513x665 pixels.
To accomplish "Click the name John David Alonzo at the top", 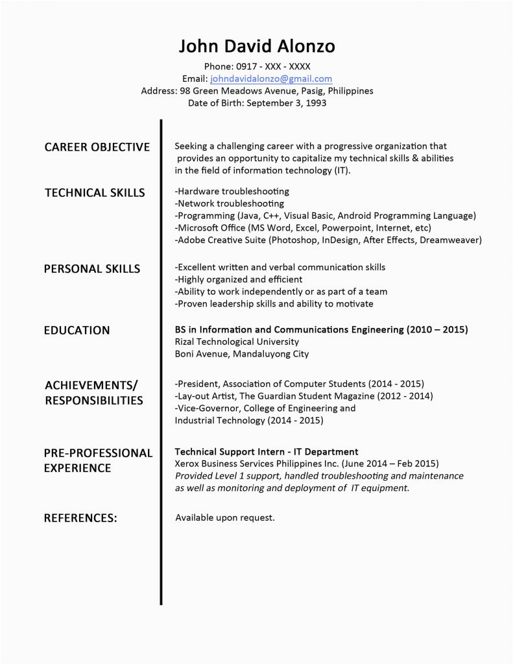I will (257, 46).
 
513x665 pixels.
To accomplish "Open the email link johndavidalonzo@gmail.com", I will (271, 79).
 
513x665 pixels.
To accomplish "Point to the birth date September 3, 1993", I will (286, 103).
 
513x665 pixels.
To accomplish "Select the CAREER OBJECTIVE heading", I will (97, 147).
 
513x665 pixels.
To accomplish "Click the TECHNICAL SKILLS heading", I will (95, 193).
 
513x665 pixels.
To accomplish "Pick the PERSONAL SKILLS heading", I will (91, 269).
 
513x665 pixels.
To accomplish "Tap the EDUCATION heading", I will (77, 331).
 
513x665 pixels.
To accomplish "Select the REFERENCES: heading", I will (80, 518).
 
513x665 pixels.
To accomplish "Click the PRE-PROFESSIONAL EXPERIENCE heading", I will (97, 460).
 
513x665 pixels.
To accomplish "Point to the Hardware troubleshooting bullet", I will (232, 192).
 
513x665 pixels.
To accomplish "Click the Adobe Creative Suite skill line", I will (328, 240).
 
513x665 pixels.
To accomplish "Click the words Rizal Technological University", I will (237, 342).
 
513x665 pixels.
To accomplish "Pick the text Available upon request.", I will (225, 518).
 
